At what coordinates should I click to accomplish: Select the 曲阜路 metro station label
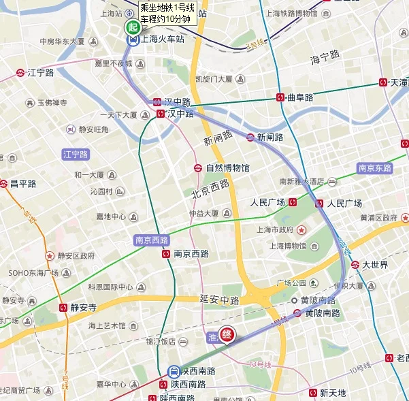(299, 97)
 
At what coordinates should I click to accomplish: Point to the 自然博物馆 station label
(227, 167)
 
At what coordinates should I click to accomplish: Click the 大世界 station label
(374, 264)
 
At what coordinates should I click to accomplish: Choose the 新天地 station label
(332, 393)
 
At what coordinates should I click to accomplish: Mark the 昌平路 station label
(22, 183)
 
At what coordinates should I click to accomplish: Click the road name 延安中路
(219, 300)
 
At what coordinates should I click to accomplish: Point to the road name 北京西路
(209, 189)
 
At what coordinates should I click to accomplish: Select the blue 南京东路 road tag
(374, 167)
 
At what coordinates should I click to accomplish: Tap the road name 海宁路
(324, 60)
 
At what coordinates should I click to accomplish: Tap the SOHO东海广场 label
(33, 273)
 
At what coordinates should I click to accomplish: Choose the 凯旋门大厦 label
(214, 79)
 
